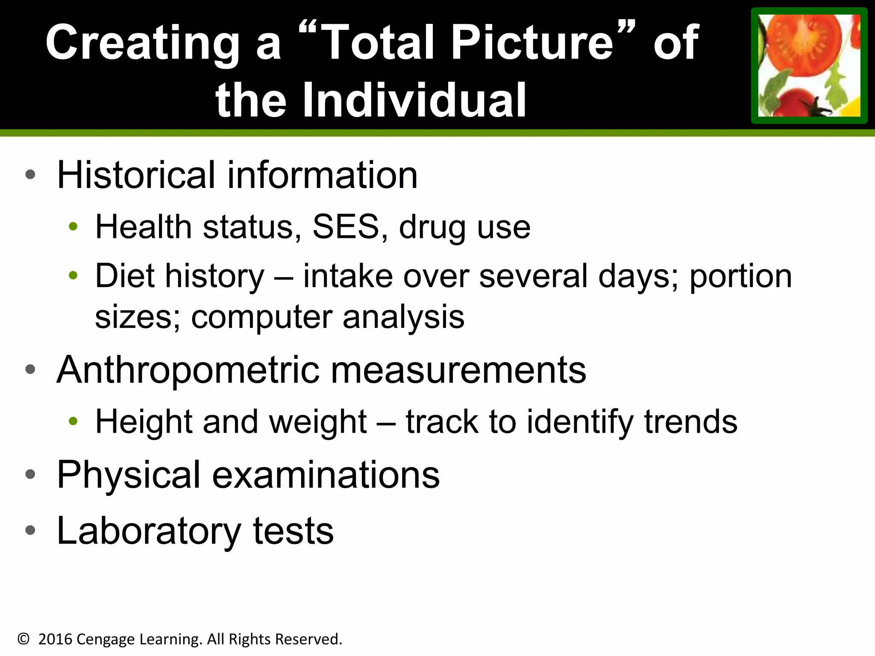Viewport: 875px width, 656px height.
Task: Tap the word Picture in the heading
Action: (532, 43)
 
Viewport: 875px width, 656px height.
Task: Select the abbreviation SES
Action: (346, 227)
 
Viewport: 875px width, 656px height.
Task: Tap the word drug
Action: (432, 228)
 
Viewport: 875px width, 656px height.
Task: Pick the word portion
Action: (740, 277)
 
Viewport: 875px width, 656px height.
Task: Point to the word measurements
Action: (458, 370)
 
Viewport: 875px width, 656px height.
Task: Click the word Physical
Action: (128, 475)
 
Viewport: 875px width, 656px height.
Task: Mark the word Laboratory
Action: (149, 531)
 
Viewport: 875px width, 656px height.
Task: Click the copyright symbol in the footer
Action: (23, 639)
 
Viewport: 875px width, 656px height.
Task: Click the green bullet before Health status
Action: (73, 227)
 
